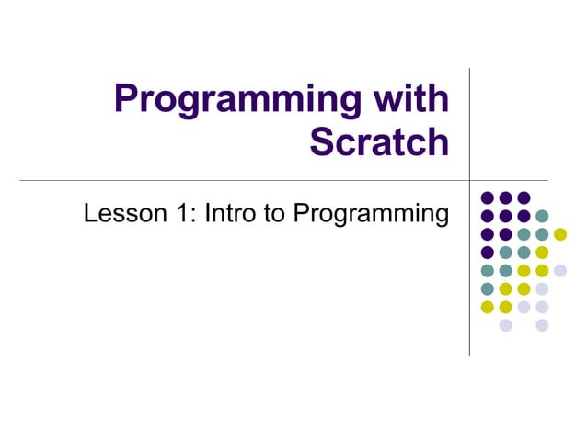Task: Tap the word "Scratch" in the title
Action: pos(379,142)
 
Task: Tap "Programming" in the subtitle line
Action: pos(372,216)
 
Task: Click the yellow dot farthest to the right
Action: pos(560,234)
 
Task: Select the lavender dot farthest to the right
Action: pos(560,270)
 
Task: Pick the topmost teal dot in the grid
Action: pos(542,216)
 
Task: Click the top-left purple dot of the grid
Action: pos(487,197)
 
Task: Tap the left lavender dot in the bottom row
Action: pos(505,325)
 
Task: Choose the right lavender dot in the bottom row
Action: pos(542,325)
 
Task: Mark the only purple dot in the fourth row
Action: pos(487,253)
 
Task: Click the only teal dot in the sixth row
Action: pos(487,288)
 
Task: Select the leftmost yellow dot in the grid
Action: pos(487,307)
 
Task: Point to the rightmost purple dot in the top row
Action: pos(524,197)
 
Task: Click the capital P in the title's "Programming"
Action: pos(127,99)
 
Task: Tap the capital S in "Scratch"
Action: pos(323,142)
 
